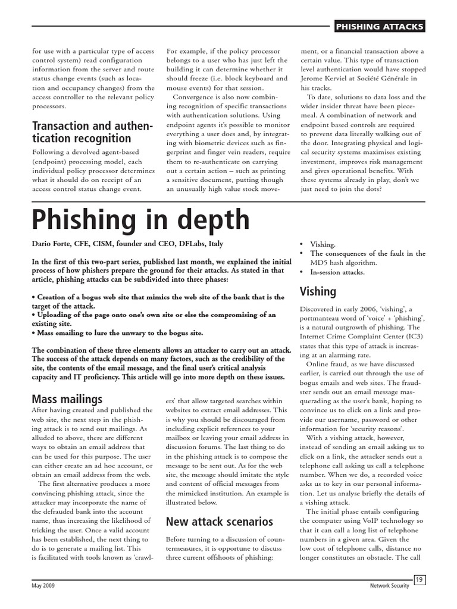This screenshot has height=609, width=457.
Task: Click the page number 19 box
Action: click(418, 580)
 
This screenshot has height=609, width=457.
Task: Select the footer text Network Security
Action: click(389, 586)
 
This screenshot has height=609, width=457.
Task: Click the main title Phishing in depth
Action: click(140, 220)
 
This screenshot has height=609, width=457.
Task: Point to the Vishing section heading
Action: click(318, 291)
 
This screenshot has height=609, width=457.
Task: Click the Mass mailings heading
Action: click(67, 398)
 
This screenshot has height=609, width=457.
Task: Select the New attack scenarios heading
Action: click(219, 522)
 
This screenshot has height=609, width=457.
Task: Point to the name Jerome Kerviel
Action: click(329, 79)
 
